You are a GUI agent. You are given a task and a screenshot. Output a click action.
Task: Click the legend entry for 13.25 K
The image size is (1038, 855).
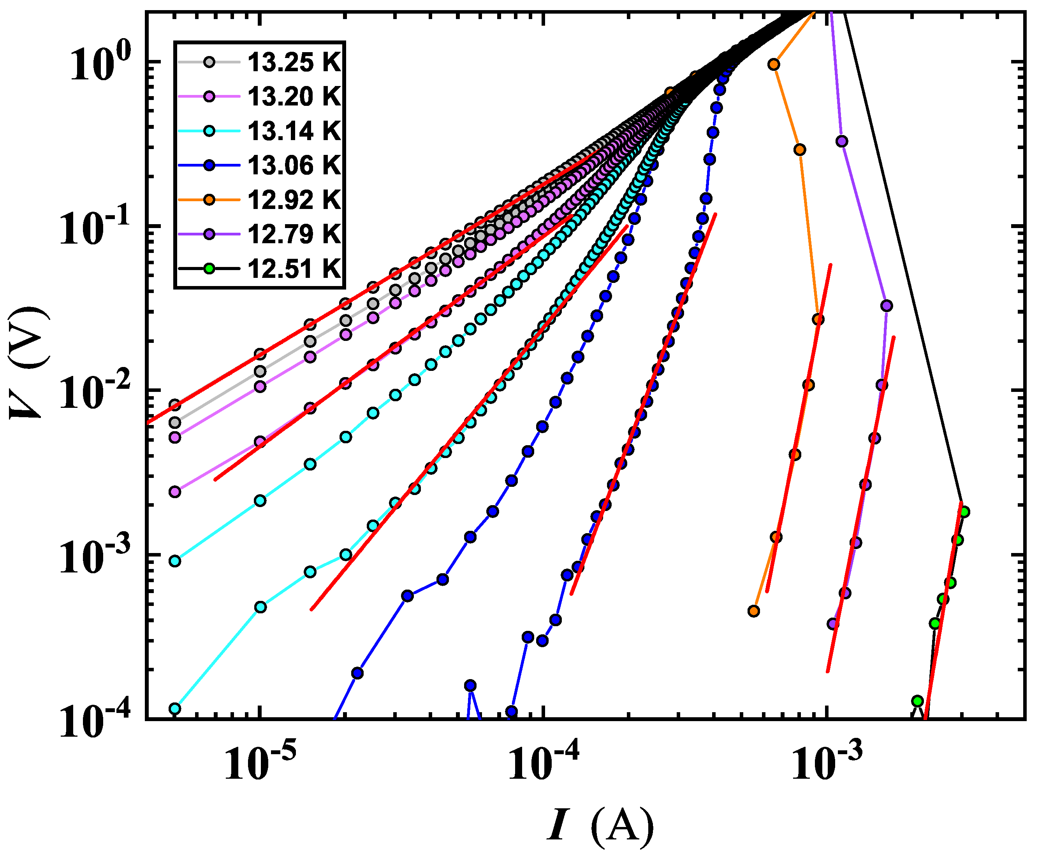(294, 63)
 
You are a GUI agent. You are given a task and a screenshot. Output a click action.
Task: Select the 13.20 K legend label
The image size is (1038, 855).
(294, 97)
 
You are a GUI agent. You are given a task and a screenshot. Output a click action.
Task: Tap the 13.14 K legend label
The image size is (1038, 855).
(294, 131)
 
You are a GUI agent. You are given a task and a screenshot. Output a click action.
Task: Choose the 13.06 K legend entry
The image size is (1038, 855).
(294, 165)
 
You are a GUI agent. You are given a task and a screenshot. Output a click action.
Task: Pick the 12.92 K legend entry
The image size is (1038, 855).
(294, 200)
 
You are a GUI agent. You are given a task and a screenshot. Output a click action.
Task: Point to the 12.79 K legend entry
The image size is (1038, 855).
(294, 234)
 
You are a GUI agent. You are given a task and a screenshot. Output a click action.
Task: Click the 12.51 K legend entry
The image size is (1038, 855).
(294, 269)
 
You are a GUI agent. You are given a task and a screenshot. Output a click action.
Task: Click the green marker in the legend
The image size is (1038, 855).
(209, 269)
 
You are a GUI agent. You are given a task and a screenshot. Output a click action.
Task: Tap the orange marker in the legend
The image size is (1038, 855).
(209, 200)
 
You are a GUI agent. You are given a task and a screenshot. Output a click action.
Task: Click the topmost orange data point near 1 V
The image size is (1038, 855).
(774, 65)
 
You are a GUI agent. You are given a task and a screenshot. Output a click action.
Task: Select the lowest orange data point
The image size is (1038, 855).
(753, 611)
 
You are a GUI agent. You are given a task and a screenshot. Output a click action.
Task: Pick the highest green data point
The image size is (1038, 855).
(964, 512)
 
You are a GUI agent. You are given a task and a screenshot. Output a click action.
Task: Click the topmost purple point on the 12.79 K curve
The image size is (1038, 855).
(841, 141)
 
